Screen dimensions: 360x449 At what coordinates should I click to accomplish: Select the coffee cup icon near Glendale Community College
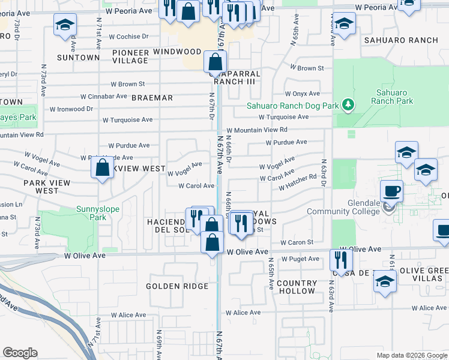(391, 191)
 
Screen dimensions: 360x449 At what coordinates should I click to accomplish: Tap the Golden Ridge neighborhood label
(177, 286)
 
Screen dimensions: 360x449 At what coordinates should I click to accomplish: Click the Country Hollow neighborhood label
(297, 287)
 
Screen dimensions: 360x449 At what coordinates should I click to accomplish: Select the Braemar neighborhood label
(152, 97)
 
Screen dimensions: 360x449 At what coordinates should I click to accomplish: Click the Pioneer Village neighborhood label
(130, 56)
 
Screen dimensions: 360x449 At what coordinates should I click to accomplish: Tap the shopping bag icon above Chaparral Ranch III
(215, 61)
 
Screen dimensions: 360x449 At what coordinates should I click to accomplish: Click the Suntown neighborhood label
(78, 58)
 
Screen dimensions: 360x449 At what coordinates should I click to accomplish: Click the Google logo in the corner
(20, 353)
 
